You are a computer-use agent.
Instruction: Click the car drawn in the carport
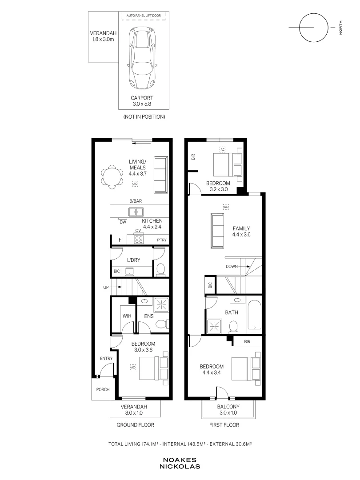[x=142, y=56]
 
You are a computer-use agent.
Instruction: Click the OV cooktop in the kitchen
[x=139, y=239]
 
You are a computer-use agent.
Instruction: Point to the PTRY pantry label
[x=162, y=240]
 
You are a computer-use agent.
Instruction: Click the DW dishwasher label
[x=123, y=222]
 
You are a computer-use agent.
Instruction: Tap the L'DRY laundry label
[x=133, y=260]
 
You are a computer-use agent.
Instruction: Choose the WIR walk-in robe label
[x=127, y=316]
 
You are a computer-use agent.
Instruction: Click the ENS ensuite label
[x=149, y=316]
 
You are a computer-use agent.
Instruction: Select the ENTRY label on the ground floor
[x=106, y=358]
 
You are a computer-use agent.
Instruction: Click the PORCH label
[x=103, y=389]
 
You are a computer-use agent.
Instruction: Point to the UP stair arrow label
[x=106, y=287]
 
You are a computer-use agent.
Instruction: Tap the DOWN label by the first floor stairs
[x=232, y=266]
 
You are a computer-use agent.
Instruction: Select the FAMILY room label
[x=241, y=228]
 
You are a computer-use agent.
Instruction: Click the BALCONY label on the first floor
[x=228, y=407]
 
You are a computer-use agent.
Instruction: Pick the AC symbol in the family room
[x=226, y=207]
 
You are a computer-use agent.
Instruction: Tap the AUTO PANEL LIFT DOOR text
[x=144, y=16]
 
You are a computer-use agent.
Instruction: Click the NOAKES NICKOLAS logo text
[x=180, y=463]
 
